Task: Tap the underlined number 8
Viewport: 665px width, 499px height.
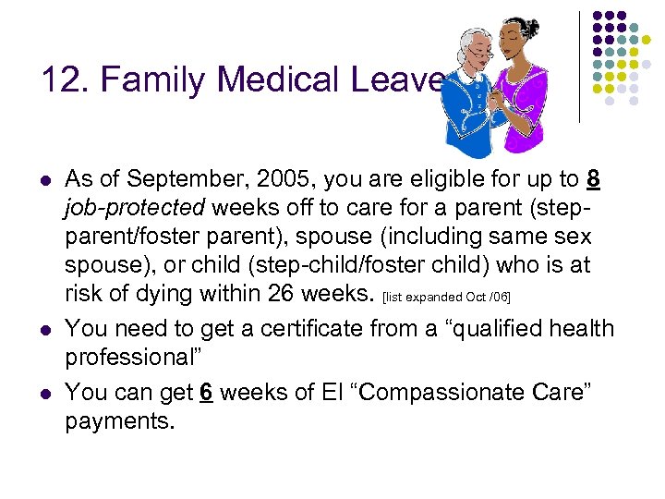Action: pyautogui.click(x=593, y=180)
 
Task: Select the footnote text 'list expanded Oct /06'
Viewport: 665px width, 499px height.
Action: pyautogui.click(x=445, y=295)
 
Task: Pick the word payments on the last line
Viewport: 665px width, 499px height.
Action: pyautogui.click(x=120, y=420)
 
